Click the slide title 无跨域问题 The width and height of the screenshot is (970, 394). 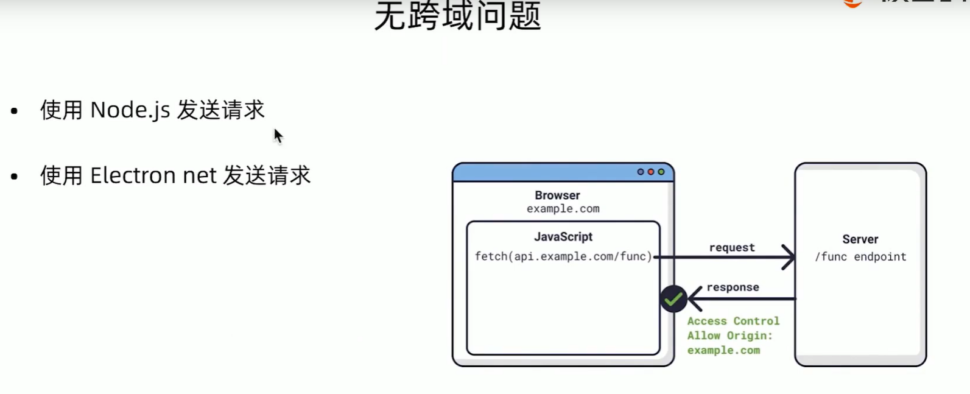pos(457,16)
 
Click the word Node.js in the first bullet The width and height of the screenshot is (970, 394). pos(130,110)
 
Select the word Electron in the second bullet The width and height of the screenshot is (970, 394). pos(132,176)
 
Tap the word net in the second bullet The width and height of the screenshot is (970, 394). pos(200,176)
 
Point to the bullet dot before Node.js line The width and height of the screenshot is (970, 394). pos(15,111)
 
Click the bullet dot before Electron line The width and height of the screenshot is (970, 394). pos(15,177)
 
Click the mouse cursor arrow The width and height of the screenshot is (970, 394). pos(278,135)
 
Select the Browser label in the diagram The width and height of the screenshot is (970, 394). pos(557,195)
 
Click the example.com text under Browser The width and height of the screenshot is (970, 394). pos(563,209)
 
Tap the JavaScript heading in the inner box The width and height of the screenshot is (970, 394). pos(563,237)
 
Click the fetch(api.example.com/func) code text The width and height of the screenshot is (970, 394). pos(563,256)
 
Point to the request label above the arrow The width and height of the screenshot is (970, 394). pos(731,247)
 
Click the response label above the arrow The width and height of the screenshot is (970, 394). pos(733,287)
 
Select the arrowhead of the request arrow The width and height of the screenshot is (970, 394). pos(789,257)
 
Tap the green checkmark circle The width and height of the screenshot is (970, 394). pos(673,299)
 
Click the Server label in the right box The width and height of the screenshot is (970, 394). pos(860,239)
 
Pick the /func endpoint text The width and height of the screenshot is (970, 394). pos(860,257)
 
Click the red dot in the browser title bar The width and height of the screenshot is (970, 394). pos(650,172)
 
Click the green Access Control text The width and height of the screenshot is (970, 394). pos(733,321)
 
